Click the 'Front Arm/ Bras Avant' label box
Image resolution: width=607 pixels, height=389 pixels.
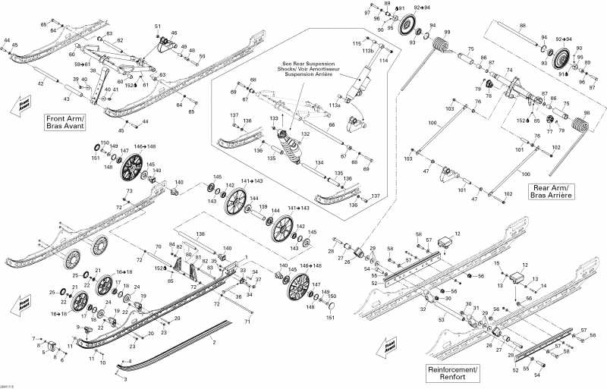point(67,122)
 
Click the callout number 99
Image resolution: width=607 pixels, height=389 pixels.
point(448,32)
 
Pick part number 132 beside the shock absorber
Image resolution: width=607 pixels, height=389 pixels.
point(306,133)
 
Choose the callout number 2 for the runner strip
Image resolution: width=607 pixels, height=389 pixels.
point(214,343)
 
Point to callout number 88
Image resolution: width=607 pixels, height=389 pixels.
point(522,27)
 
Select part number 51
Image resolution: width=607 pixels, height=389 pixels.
point(158,27)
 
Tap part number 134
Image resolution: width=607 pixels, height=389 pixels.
point(319,162)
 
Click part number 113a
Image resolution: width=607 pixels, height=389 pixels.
point(335,107)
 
